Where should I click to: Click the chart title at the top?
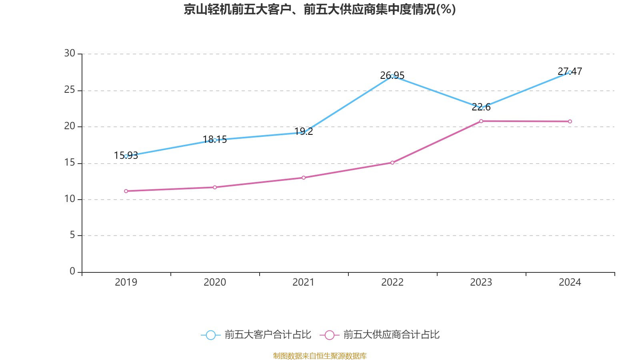[x=320, y=9]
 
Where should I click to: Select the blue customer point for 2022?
[x=392, y=76]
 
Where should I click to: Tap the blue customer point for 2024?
[x=570, y=72]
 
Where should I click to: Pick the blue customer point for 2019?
[x=126, y=156]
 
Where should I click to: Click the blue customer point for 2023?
[x=481, y=108]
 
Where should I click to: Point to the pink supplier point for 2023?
[x=481, y=121]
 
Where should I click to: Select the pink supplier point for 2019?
[x=126, y=191]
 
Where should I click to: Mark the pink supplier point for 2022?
[x=392, y=162]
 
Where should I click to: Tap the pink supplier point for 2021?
[x=304, y=178]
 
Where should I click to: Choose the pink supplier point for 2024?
[x=570, y=122]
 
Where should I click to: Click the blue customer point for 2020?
[x=215, y=140]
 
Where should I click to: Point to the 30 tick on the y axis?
[x=70, y=54]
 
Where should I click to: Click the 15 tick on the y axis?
[x=70, y=163]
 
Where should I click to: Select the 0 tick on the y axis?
[x=72, y=272]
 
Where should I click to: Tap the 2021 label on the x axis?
[x=304, y=282]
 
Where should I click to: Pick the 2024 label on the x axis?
[x=570, y=282]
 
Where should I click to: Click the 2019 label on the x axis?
[x=126, y=282]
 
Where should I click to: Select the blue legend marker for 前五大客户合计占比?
[x=210, y=335]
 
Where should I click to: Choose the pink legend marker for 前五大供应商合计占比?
[x=329, y=335]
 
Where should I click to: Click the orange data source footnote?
[x=320, y=356]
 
